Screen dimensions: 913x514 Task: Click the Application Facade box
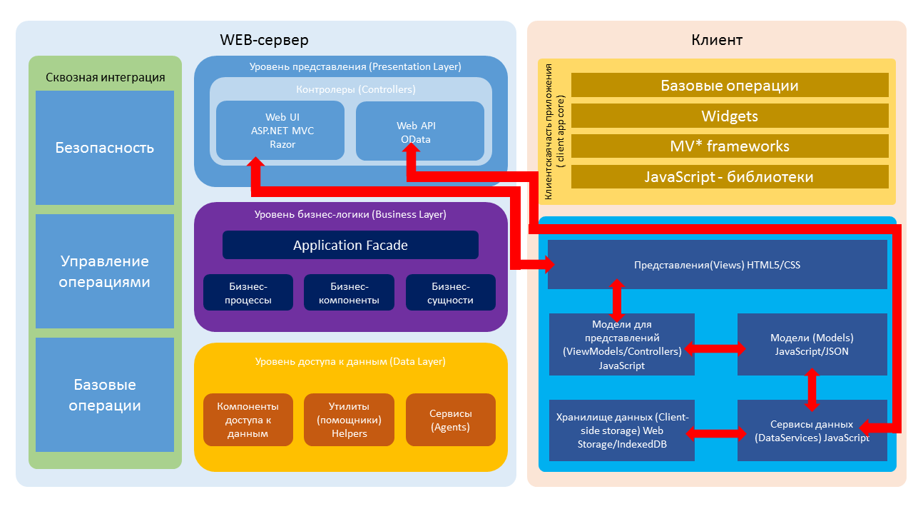350,245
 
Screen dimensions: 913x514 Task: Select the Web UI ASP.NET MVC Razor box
280,131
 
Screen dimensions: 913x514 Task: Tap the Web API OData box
420,131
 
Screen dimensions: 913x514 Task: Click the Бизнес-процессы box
248,293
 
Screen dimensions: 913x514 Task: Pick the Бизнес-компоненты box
349,293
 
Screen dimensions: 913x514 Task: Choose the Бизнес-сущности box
451,293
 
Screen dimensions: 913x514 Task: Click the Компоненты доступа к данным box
248,420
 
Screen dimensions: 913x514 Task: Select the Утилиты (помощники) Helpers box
349,420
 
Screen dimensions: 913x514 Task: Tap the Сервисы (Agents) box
451,420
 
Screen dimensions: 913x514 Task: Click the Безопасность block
105,148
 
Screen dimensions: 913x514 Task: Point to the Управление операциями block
105,271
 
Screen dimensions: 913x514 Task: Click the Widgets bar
730,116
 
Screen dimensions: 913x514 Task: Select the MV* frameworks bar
730,146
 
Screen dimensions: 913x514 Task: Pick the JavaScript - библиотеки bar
730,176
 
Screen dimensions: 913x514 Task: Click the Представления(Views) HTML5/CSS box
718,264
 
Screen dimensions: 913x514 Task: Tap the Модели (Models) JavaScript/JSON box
812,344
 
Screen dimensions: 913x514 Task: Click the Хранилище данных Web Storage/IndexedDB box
622,430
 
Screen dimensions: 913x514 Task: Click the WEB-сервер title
264,40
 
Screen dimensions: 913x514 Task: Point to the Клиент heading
717,40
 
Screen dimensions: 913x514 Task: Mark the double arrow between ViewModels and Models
715,349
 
